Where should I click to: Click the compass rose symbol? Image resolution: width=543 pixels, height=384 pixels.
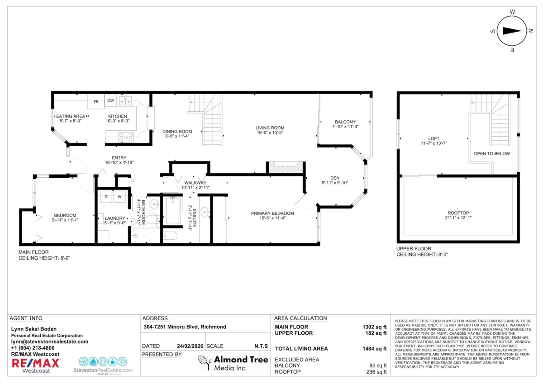[512, 31]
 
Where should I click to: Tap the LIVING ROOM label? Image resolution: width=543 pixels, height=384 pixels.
[270, 128]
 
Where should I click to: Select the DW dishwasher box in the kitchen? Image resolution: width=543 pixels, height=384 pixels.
[110, 101]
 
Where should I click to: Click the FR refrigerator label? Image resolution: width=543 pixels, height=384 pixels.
[96, 102]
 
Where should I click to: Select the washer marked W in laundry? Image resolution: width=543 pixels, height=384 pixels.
[120, 197]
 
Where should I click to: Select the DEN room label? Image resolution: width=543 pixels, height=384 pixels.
[334, 178]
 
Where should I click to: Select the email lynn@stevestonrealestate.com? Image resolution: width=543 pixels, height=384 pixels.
[49, 342]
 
